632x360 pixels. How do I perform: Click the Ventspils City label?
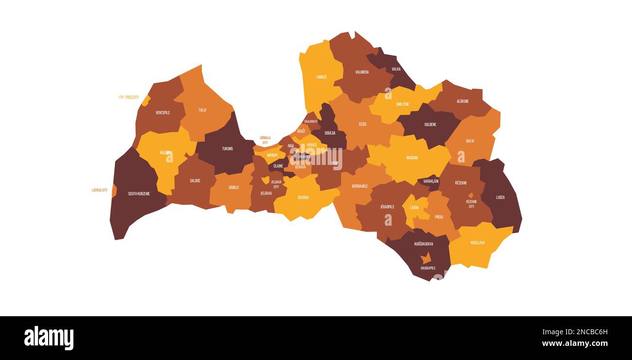coord(128,97)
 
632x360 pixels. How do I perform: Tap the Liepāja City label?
coord(100,190)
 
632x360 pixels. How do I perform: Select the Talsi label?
coord(202,110)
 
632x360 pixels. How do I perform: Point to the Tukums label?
coord(227,148)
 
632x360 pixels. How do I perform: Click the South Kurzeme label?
coord(139,194)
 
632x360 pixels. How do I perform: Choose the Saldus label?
coord(195,180)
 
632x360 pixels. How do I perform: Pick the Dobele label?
coord(234,187)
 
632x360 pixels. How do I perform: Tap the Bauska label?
coord(303,198)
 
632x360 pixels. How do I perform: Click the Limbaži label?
coord(321,77)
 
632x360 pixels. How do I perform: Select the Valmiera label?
coord(362,72)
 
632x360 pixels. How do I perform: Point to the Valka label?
coord(396,69)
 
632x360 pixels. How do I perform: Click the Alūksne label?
coord(463,101)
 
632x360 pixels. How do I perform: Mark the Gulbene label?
coord(430,125)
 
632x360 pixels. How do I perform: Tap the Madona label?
coord(412,158)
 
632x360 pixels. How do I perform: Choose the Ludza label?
coord(500,198)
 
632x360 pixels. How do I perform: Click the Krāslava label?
coord(477,243)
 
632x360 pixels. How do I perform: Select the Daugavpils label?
coord(428,268)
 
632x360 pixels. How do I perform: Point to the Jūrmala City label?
coord(265,141)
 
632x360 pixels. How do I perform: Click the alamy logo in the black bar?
coord(49,338)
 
